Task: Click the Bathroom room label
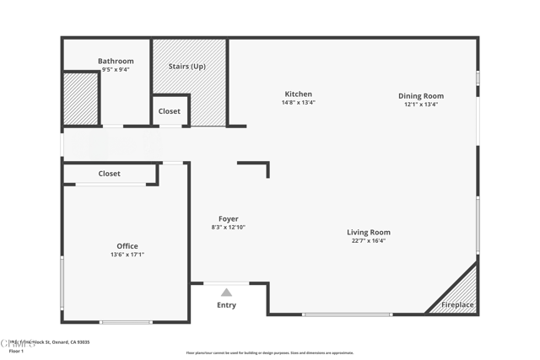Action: pos(116,61)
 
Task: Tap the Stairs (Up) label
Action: pos(186,66)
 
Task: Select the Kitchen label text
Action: pos(298,94)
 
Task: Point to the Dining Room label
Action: pos(420,96)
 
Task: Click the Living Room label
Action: pos(368,232)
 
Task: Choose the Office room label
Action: pos(127,246)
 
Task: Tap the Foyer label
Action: pos(228,219)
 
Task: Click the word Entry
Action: pos(226,305)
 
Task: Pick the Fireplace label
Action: pos(457,304)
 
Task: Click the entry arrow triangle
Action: pos(226,293)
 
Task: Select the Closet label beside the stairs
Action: pos(170,111)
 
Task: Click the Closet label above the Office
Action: pos(109,174)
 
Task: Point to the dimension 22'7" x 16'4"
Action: pos(368,240)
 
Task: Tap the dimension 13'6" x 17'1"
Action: pos(127,255)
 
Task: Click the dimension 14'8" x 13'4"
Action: pos(298,103)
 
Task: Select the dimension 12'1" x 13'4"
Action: pos(420,105)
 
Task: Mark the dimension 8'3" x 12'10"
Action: pos(228,228)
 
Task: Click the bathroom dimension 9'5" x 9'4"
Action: pos(116,69)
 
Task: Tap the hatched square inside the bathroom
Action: pos(81,99)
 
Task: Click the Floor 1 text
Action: pos(16,351)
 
